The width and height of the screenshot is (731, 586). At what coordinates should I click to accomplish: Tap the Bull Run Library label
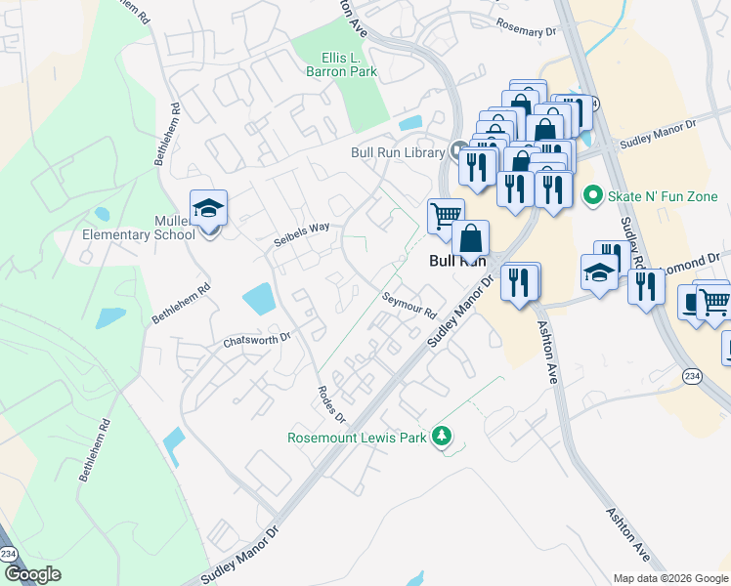pos(398,152)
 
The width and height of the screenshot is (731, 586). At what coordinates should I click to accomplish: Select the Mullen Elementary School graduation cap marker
pos(208,207)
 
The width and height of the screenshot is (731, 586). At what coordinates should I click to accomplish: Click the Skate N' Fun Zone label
pos(663,196)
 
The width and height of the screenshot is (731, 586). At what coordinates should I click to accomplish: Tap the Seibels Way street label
pos(301,233)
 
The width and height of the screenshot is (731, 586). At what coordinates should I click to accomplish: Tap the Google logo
pos(32,574)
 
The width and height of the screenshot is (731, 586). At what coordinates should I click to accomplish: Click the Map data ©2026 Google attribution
pos(670,578)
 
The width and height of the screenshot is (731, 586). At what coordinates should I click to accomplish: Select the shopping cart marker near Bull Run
pos(446,214)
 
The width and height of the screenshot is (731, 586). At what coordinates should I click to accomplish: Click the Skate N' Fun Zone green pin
pos(591,196)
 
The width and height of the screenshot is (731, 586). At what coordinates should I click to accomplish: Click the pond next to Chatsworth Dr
pos(257,298)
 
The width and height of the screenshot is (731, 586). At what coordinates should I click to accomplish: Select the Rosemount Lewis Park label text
pos(357,438)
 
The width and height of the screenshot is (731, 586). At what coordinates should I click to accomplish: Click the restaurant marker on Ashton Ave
pos(519,280)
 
